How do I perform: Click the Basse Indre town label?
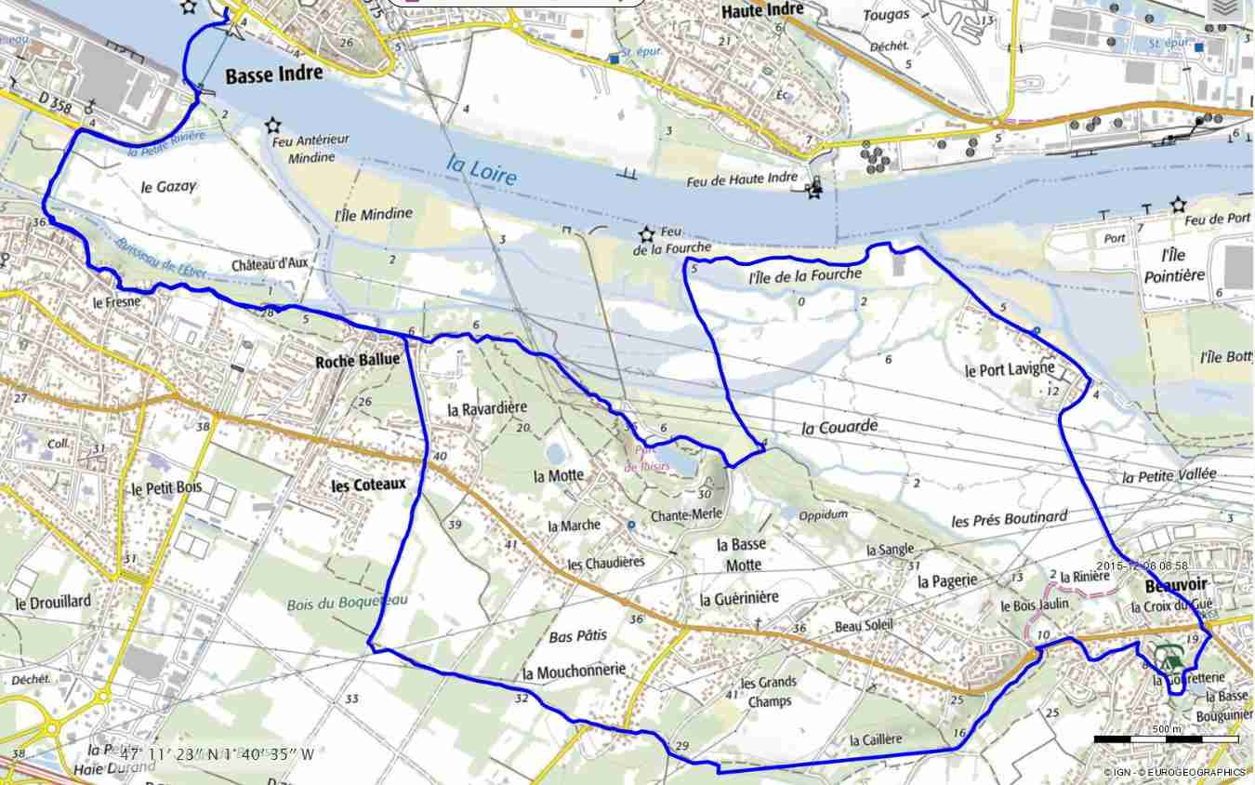(x=274, y=73)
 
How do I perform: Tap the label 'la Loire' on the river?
(x=481, y=168)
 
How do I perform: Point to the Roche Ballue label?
(x=358, y=360)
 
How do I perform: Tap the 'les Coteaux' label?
(x=369, y=485)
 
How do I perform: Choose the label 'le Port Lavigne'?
(x=1010, y=369)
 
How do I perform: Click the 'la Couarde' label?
(x=839, y=427)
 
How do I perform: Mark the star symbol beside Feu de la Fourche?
(x=647, y=234)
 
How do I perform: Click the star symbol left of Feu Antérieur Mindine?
(x=273, y=125)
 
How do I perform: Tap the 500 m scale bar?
(x=1166, y=738)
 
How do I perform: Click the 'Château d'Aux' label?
(x=270, y=263)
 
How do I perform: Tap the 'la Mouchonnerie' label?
(x=574, y=671)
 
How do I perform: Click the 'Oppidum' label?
(x=823, y=514)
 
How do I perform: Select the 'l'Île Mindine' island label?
(x=373, y=214)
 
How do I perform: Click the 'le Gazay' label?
(x=168, y=186)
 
